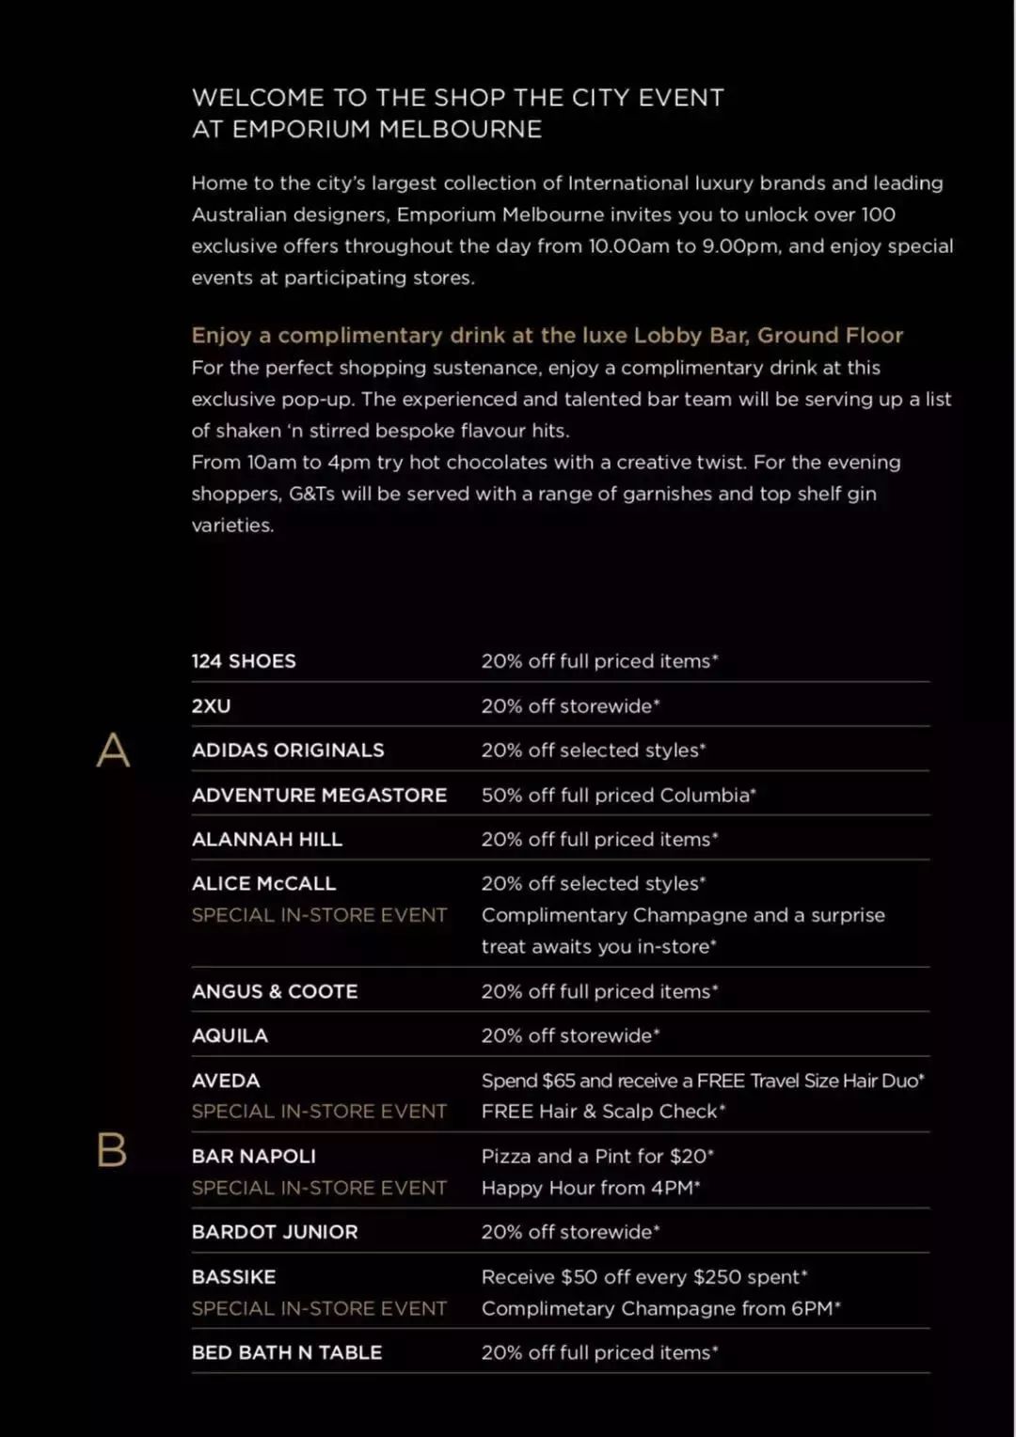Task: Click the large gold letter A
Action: tap(113, 750)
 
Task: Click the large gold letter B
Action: tap(112, 1149)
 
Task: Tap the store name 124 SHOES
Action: tap(244, 661)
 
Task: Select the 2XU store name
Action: tap(211, 706)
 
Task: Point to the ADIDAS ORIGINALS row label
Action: tap(288, 750)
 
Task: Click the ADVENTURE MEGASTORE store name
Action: tap(319, 796)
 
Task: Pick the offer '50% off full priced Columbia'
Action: tap(618, 796)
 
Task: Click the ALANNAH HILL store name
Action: tap(266, 840)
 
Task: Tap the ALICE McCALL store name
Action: tap(263, 884)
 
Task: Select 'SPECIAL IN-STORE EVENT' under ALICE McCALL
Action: tap(319, 915)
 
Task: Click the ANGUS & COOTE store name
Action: tap(275, 992)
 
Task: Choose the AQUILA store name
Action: tap(230, 1036)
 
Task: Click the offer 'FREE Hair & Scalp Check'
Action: tap(603, 1112)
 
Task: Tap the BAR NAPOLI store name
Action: tap(254, 1157)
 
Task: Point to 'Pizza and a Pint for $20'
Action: tap(597, 1157)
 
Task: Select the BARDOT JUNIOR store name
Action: tap(275, 1232)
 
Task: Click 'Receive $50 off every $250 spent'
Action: tap(644, 1277)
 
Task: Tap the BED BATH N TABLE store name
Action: tap(287, 1353)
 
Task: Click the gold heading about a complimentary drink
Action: tap(547, 336)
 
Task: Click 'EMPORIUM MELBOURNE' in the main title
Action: tap(387, 130)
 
